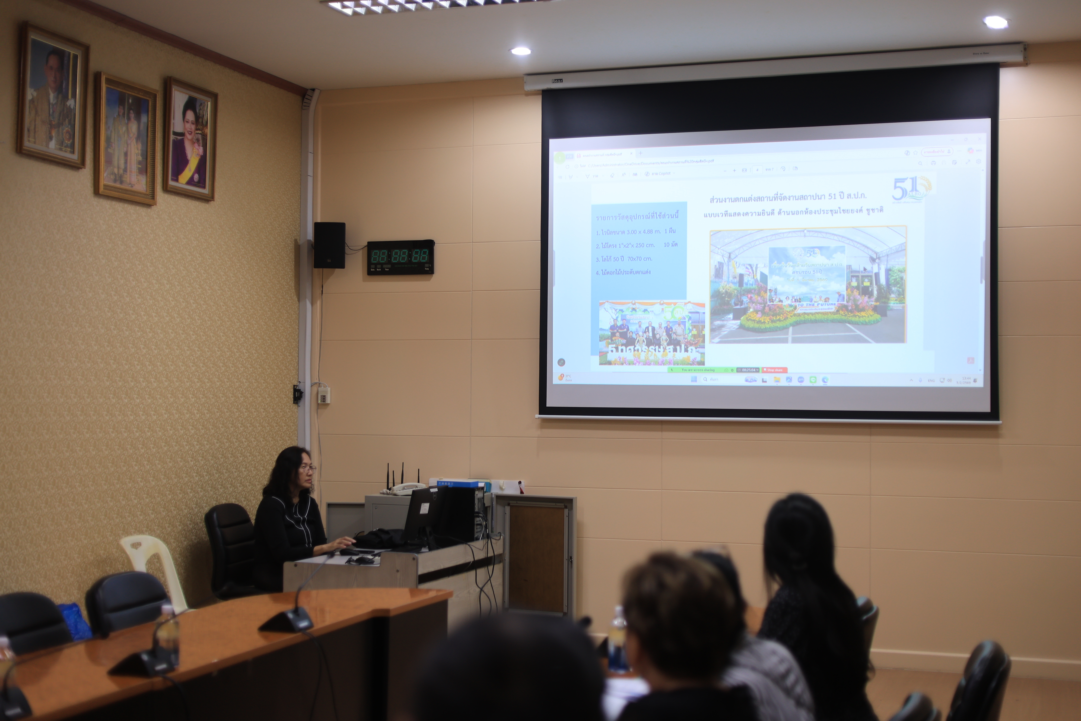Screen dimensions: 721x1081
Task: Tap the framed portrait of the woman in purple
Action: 190,139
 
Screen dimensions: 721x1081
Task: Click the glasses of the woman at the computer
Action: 307,469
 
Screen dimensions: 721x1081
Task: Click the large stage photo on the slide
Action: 807,285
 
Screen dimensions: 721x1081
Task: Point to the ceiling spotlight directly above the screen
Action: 521,51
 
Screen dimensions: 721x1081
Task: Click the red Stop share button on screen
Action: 774,370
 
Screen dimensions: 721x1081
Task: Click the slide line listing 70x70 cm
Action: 624,259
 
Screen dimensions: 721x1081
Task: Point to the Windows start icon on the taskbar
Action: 694,379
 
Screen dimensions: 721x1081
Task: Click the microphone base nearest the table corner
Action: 286,622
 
